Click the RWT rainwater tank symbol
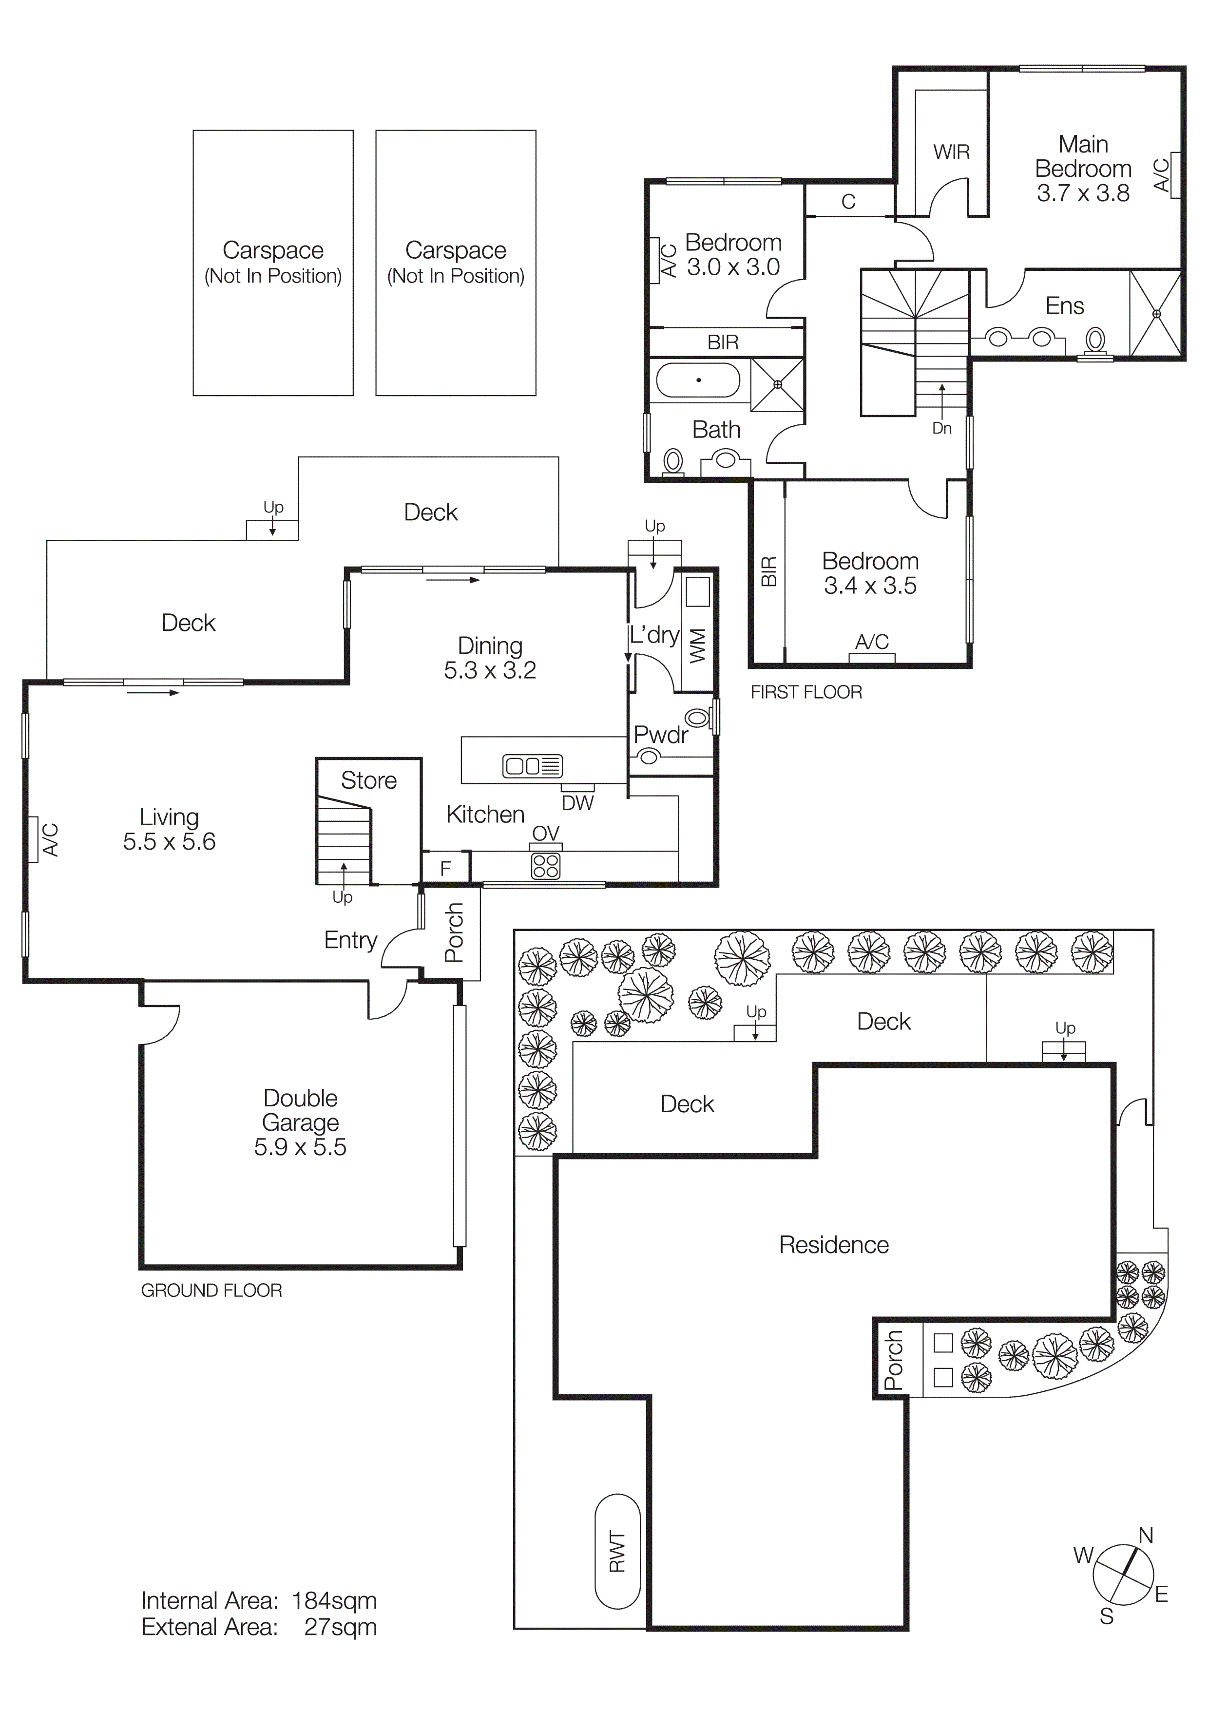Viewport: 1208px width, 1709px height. coord(617,1551)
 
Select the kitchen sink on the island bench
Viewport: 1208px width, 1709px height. coord(532,766)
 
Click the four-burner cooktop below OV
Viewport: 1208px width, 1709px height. coord(546,866)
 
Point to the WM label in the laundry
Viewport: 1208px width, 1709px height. coord(697,645)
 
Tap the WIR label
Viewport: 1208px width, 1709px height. coord(951,152)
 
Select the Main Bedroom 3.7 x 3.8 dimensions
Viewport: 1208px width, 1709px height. coord(1083,193)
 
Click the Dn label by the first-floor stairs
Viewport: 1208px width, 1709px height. coord(941,428)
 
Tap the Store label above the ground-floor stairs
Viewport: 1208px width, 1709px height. coord(368,780)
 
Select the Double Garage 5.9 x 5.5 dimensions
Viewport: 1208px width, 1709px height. coord(300,1147)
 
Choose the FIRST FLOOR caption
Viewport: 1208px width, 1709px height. coord(806,692)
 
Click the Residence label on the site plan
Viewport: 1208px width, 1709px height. coord(834,1245)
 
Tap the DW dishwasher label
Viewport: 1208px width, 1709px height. coord(577,803)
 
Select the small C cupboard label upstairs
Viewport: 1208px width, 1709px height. coord(848,202)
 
